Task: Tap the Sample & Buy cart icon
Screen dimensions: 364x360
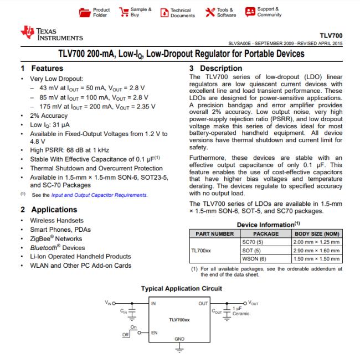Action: (121, 12)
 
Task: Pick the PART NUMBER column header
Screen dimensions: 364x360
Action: (213, 234)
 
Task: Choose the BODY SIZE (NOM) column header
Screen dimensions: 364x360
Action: (316, 234)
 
